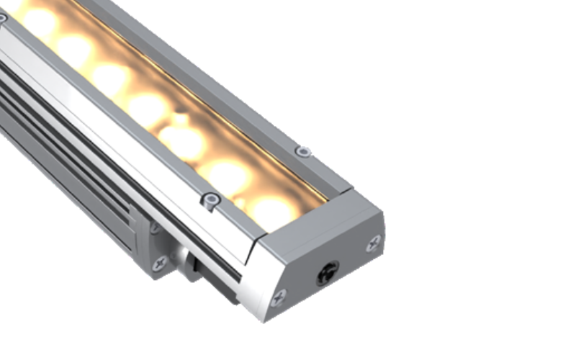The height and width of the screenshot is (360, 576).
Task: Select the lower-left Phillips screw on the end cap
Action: tap(277, 296)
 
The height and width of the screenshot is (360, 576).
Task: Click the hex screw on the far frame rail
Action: tap(304, 151)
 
